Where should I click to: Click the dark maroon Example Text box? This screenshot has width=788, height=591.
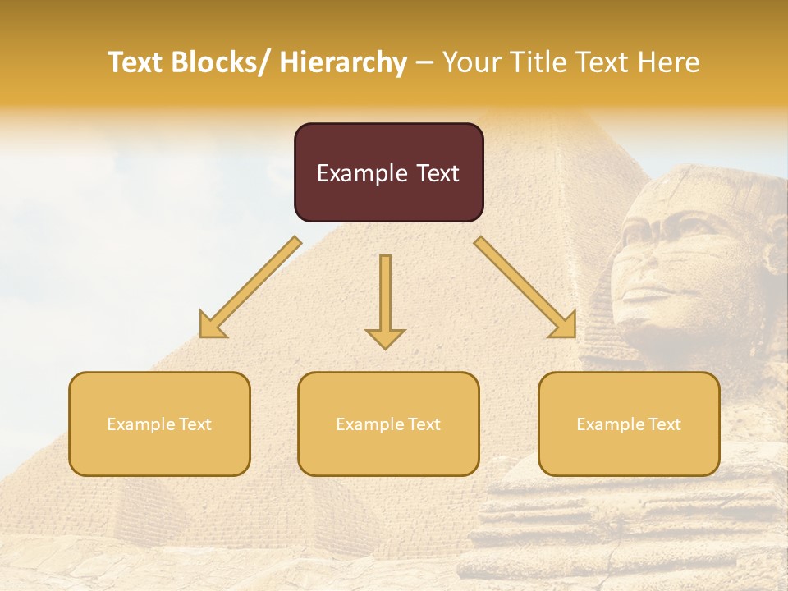coord(388,172)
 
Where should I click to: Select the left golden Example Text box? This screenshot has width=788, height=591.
coord(159,424)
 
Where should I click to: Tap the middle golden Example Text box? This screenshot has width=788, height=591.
coord(388,424)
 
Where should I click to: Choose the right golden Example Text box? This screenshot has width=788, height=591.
coord(629,424)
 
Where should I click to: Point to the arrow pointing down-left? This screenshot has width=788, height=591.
coord(250,287)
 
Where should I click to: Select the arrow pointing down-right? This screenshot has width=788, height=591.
coord(525,287)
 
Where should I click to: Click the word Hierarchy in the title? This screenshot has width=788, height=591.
coord(343,62)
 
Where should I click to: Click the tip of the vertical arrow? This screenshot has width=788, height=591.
coord(385,346)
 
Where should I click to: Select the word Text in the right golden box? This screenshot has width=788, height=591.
coord(664,424)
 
